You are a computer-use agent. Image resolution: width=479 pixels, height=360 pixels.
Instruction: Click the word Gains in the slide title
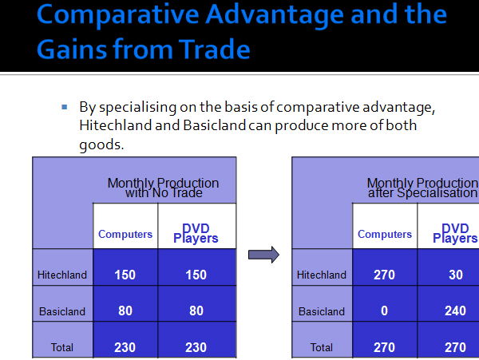tap(72, 49)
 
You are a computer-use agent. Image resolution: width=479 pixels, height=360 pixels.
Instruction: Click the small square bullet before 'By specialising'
tap(64, 107)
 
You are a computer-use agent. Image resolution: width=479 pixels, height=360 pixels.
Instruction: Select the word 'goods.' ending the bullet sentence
tap(101, 144)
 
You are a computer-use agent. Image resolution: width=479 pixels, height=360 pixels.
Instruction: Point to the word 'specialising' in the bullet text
tap(138, 108)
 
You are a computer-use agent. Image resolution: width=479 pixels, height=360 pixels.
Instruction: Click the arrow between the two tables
tap(263, 255)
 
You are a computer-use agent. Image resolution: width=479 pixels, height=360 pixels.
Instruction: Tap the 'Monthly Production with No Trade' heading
tap(164, 188)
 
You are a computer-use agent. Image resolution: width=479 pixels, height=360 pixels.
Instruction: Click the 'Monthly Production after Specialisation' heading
tap(423, 188)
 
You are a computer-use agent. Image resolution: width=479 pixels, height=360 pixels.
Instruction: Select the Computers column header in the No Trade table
tap(125, 234)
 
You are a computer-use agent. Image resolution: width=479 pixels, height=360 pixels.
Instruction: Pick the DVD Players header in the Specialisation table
tap(455, 233)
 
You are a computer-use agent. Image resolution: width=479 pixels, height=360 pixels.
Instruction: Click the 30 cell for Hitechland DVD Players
tap(456, 275)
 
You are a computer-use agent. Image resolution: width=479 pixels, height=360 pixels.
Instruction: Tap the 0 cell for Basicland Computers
tap(384, 311)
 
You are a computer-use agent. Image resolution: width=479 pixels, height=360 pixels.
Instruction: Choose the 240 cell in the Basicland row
tap(455, 311)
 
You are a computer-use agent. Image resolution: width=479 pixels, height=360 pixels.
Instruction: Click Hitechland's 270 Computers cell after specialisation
tap(384, 275)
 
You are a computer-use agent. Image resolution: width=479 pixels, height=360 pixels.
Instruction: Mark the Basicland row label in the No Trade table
tap(62, 311)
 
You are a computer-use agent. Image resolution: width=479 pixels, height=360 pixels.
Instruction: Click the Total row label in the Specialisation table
tap(322, 347)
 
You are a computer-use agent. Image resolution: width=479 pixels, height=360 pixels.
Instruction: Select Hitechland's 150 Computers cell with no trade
tap(125, 275)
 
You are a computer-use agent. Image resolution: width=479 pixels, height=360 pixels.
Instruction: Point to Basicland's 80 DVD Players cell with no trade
tap(196, 311)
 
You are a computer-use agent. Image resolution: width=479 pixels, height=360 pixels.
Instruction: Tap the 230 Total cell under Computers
tap(125, 347)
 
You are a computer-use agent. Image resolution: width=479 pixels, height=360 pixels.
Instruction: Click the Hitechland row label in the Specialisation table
tap(322, 275)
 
